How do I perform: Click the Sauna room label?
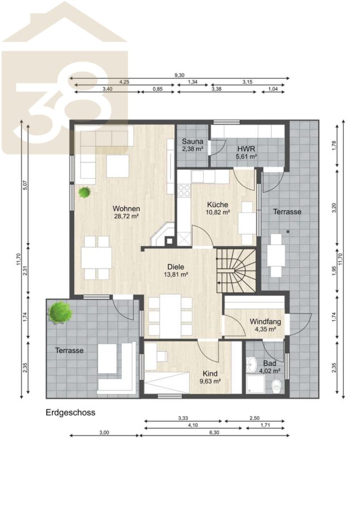click(192, 141)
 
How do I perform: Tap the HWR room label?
click(246, 149)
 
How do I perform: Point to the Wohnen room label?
click(126, 208)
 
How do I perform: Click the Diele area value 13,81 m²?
click(176, 274)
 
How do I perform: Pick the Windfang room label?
click(265, 322)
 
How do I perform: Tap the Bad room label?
click(269, 363)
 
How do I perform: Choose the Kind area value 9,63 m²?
click(210, 381)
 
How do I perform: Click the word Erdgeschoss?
click(71, 413)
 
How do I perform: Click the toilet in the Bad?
click(276, 385)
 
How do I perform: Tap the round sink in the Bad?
click(251, 365)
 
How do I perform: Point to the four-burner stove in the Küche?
click(184, 191)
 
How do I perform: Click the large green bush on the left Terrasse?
click(60, 312)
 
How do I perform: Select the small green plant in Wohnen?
click(85, 192)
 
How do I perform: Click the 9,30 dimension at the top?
click(179, 75)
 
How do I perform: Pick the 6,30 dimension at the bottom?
click(214, 433)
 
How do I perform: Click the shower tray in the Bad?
click(256, 385)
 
